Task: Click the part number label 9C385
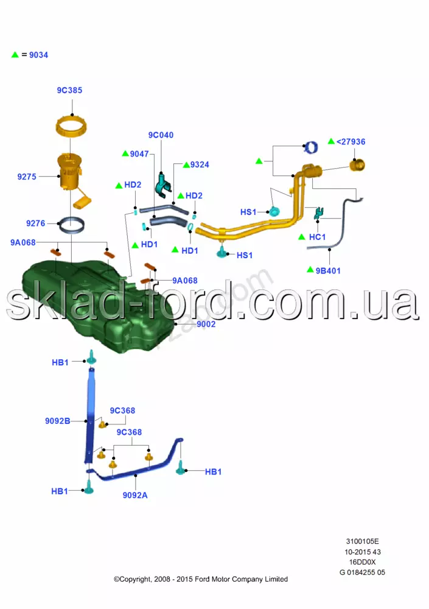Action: click(x=69, y=90)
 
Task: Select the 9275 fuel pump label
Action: click(x=27, y=177)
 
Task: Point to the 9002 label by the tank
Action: click(x=206, y=324)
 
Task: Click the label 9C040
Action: click(x=161, y=135)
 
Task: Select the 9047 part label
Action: click(x=139, y=154)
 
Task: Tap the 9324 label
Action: click(x=200, y=164)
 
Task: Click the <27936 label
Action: click(x=351, y=141)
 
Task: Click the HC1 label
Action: click(x=318, y=237)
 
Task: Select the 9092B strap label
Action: click(x=57, y=421)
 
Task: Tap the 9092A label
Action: click(x=135, y=495)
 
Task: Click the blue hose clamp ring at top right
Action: click(x=312, y=147)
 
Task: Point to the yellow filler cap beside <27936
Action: click(x=358, y=164)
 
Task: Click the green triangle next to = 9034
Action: click(x=15, y=55)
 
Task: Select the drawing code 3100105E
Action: click(x=362, y=541)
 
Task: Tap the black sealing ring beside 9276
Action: click(x=72, y=225)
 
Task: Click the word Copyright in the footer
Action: click(x=139, y=579)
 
